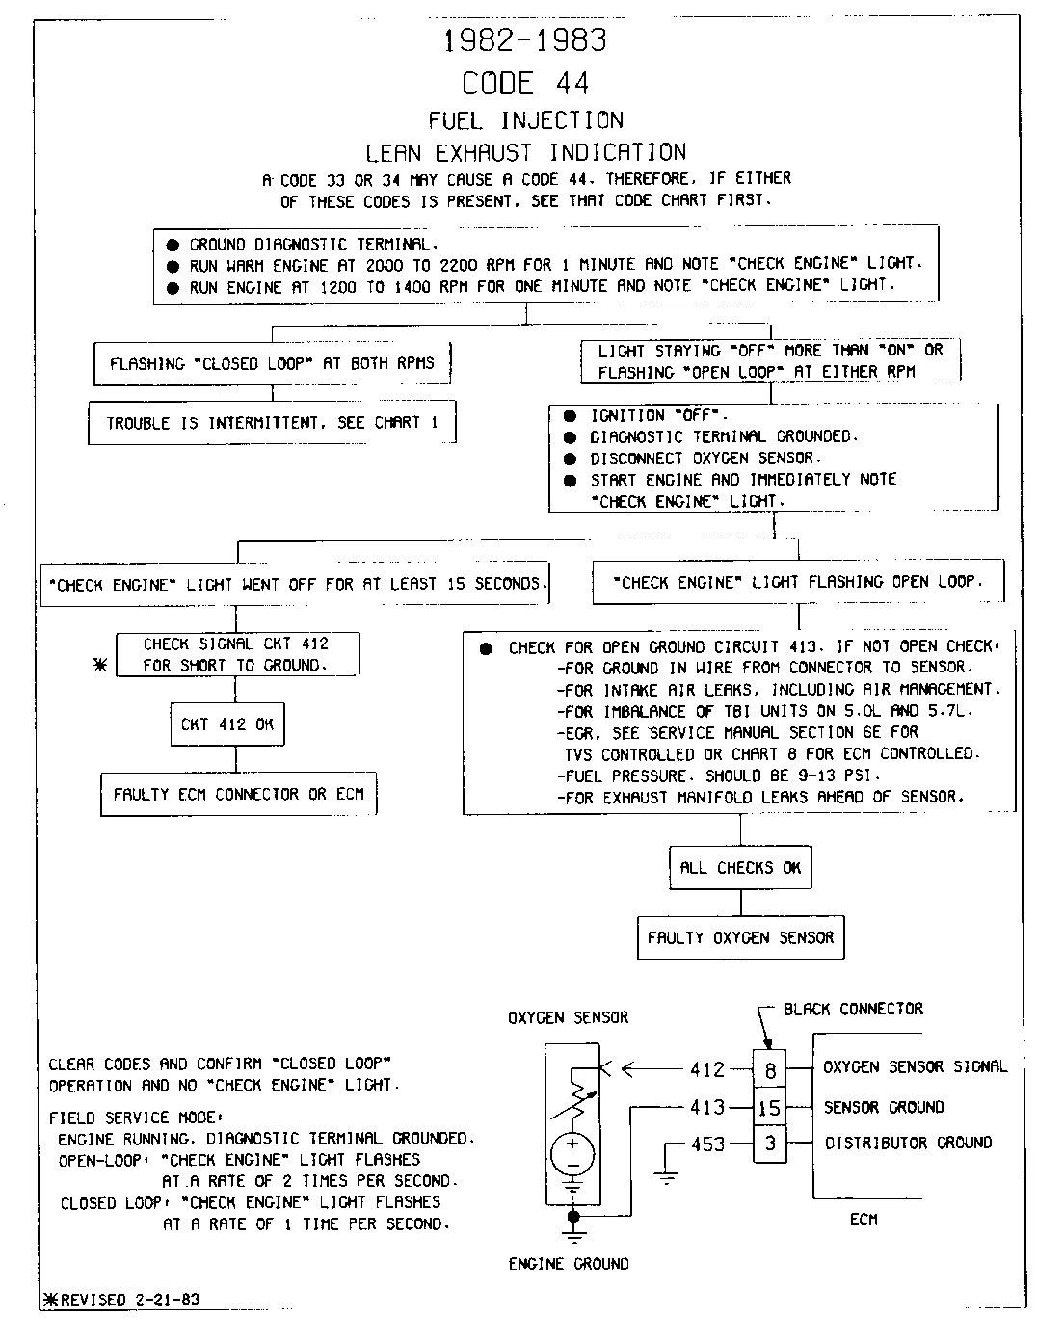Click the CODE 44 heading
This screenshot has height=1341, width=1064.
[x=525, y=84]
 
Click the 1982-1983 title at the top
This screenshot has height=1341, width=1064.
[x=525, y=40]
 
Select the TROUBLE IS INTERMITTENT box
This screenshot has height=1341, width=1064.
[x=272, y=423]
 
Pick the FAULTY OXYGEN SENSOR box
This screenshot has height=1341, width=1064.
[x=740, y=937]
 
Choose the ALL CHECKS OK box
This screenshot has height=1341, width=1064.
[x=740, y=867]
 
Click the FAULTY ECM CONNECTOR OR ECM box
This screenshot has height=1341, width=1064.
[x=239, y=795]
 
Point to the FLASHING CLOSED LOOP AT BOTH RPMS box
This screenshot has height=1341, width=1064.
[x=272, y=364]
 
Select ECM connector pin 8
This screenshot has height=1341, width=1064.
[x=769, y=1070]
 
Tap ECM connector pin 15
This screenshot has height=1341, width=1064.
[x=769, y=1108]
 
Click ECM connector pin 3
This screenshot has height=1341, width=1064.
[x=769, y=1144]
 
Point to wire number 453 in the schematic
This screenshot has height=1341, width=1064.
[x=708, y=1144]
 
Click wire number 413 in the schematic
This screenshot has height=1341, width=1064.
[x=708, y=1108]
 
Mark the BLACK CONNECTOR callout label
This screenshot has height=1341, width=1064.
[x=853, y=1010]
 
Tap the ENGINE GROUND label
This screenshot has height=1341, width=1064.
[x=569, y=1264]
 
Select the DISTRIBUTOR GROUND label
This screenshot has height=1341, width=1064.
[x=908, y=1144]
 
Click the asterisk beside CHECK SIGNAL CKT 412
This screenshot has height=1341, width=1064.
[x=100, y=666]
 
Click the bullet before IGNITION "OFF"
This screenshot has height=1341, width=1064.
[x=570, y=416]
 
